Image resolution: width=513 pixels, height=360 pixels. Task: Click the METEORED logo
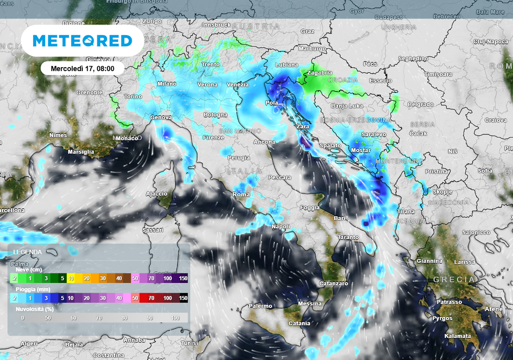pos(82,41)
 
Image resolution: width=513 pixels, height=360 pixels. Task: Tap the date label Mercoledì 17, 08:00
pos(83,68)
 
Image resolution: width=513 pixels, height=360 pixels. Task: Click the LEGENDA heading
pos(28,252)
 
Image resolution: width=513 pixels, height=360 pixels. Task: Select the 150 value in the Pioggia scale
pos(183,298)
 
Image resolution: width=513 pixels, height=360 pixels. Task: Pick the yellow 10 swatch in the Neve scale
pos(71,278)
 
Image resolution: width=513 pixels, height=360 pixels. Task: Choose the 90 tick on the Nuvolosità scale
pos(150,318)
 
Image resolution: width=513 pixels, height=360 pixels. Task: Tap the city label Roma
pos(241,194)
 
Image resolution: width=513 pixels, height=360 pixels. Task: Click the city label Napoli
pos(281,227)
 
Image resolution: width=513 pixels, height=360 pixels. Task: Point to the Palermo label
pos(260,306)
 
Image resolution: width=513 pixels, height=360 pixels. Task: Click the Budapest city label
pos(389,18)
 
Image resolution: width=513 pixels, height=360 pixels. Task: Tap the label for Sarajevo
pos(374,134)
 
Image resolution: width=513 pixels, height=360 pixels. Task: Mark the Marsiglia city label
pos(81,152)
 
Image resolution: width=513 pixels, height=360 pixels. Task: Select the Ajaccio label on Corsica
pos(156,194)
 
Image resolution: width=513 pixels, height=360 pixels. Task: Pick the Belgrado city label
pos(420,104)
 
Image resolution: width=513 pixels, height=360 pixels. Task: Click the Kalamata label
pos(458,336)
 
